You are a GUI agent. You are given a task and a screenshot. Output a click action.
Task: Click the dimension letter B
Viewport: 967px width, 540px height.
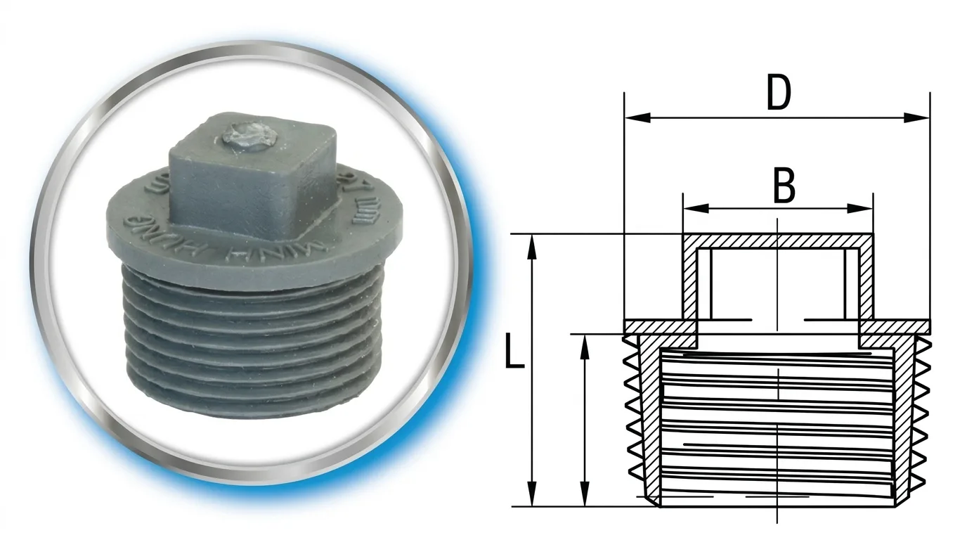[x=784, y=186]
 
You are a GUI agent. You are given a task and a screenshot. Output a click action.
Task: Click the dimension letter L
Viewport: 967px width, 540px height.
[x=514, y=353]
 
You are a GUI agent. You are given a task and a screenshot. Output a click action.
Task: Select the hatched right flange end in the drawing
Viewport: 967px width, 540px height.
[x=896, y=326]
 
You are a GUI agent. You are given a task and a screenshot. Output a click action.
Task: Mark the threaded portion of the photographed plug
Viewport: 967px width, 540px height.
[x=253, y=337]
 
